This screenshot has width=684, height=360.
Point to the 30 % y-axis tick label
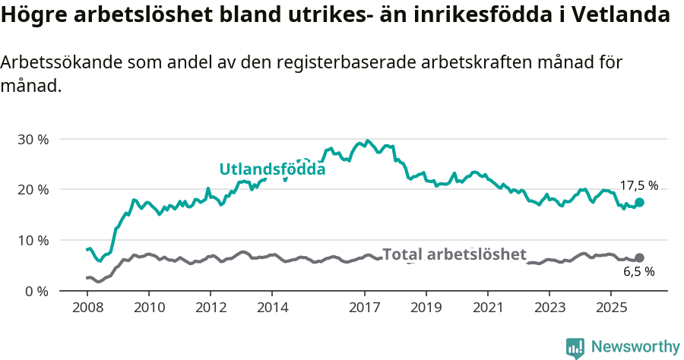coord(33,139)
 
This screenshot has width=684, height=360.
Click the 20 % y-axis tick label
coord(33,189)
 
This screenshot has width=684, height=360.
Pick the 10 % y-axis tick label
coord(33,240)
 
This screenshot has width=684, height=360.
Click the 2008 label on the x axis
coord(87,308)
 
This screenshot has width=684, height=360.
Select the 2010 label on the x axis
coord(148,308)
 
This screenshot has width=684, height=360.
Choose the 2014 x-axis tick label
coord(272,308)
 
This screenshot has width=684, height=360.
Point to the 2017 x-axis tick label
coord(364,308)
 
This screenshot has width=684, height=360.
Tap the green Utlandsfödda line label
coord(272,169)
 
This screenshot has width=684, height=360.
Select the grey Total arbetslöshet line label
coord(454,254)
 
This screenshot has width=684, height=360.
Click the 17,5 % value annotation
coord(638,185)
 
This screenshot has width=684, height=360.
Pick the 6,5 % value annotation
coord(638,271)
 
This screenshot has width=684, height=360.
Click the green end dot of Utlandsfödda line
coord(639,202)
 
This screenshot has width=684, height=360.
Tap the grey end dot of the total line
coord(639,258)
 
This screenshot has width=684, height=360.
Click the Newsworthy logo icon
coord(575,347)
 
